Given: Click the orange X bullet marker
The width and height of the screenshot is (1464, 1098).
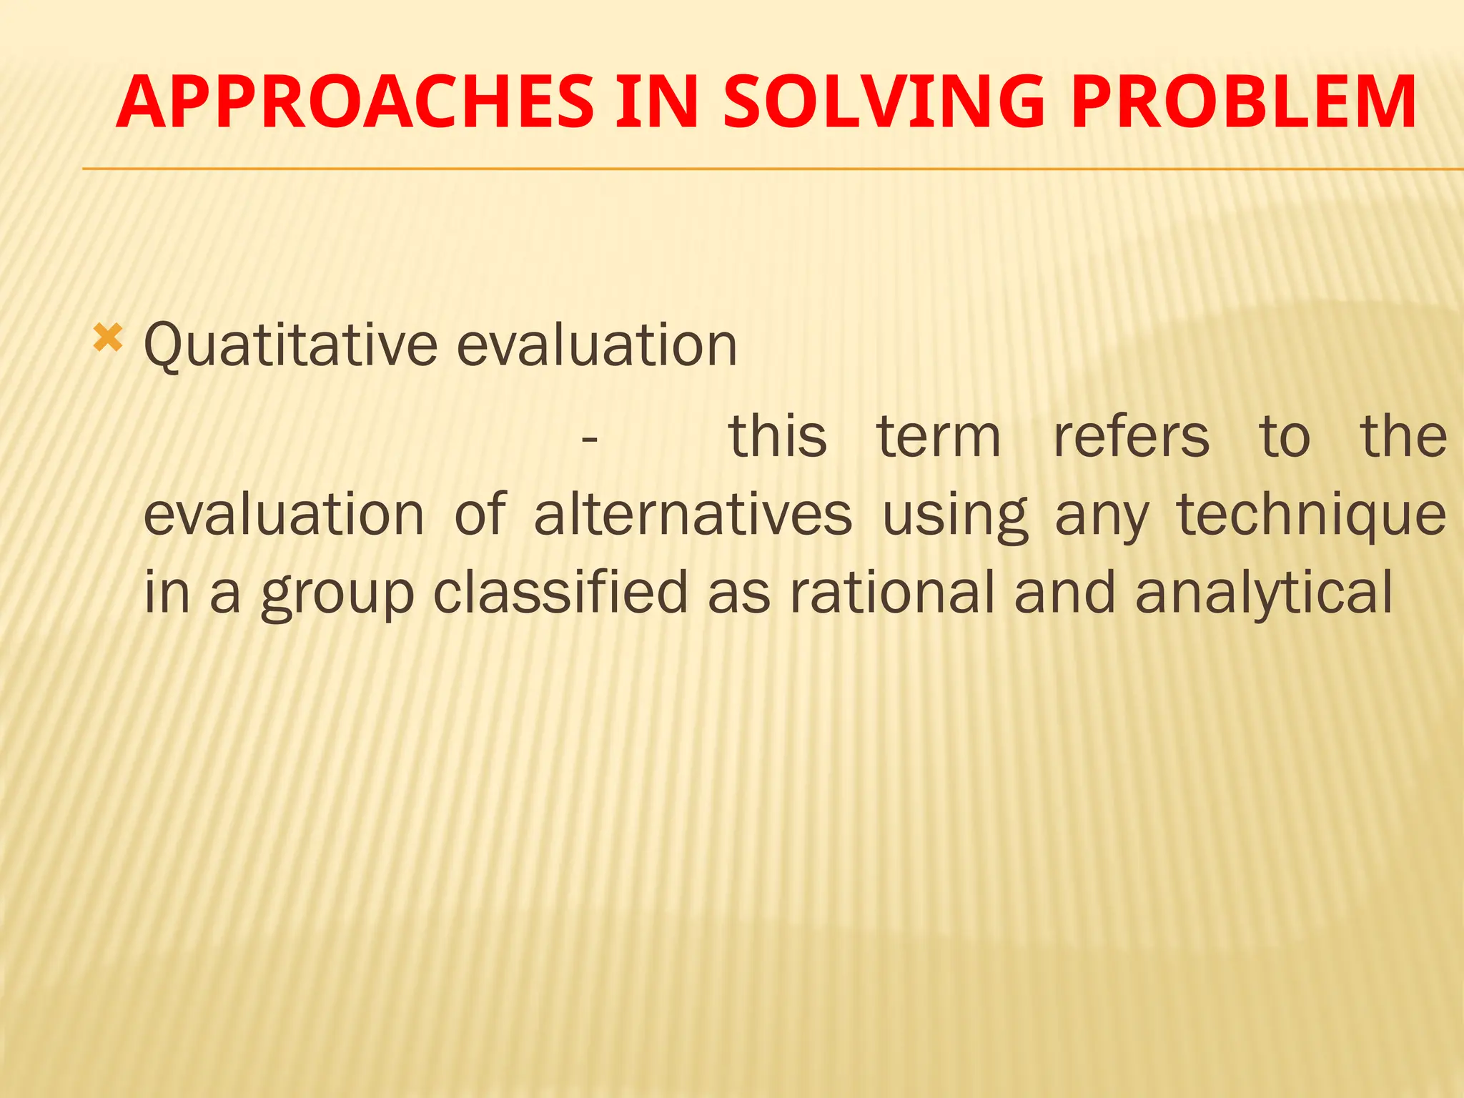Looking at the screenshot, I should coord(108,337).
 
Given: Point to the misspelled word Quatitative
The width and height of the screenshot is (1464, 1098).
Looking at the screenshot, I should coord(290,345).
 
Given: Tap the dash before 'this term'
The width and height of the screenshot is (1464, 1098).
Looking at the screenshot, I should coord(589,438).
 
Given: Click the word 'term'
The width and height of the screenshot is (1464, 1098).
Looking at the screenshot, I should coord(939,437).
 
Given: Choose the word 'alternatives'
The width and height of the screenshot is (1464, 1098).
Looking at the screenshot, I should coord(693,515).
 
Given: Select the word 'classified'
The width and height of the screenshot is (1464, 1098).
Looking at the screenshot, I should coord(560,592).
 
